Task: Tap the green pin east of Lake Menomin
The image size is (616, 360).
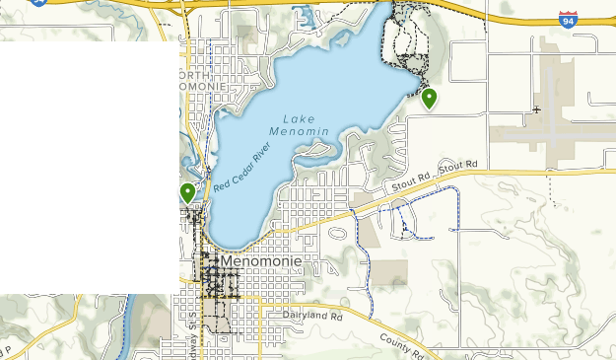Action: click(x=429, y=98)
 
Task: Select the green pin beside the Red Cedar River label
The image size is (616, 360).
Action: click(x=187, y=192)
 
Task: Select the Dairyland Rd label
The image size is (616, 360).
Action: click(x=312, y=316)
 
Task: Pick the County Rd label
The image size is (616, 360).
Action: click(x=402, y=344)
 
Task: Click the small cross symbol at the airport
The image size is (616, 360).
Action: click(x=536, y=109)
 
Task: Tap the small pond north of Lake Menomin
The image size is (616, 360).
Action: click(x=303, y=17)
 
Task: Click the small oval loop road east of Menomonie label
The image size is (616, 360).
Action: click(x=337, y=235)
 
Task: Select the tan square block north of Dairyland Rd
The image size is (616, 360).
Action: click(x=388, y=273)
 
